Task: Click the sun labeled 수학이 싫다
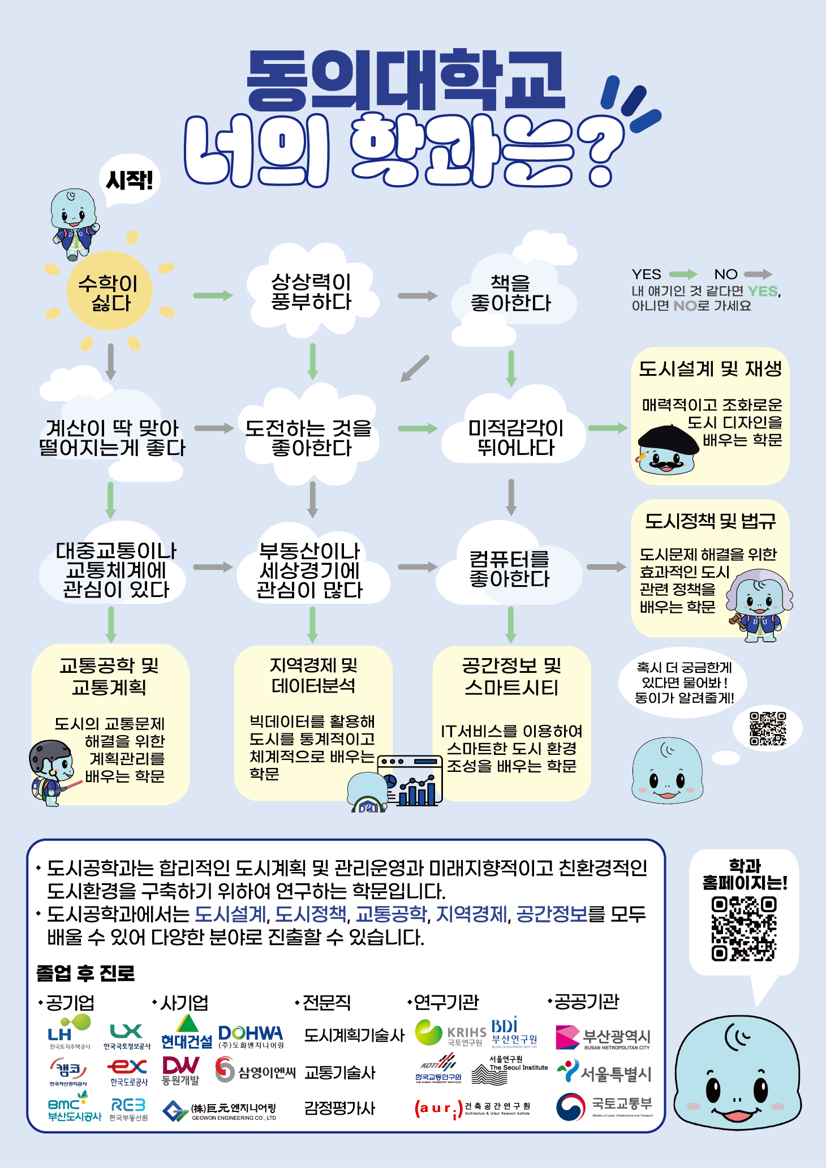110,291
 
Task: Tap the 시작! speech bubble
130,181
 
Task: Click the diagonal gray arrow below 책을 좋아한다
415,368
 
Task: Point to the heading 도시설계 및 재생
710,369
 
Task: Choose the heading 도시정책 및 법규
710,521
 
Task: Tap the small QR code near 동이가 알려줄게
768,728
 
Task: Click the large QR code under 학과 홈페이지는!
744,929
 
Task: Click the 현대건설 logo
187,1033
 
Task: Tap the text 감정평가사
339,1108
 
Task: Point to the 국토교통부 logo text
622,1103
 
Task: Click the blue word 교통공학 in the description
391,914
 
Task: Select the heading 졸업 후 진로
85,973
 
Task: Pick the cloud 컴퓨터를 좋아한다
510,569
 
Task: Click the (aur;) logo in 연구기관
438,1109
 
